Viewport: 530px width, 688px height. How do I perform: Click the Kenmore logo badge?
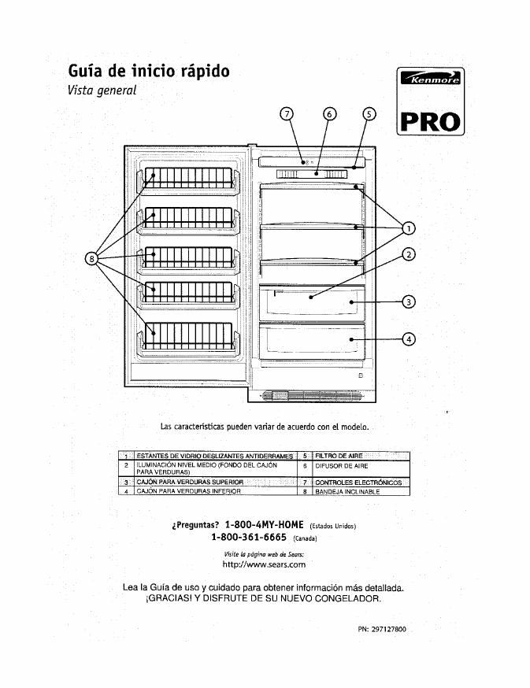[432, 79]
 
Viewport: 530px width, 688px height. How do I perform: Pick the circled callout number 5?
[369, 113]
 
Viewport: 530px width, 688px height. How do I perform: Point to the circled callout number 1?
[408, 228]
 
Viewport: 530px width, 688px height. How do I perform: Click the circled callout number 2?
[408, 253]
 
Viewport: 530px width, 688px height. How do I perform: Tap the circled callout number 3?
[408, 301]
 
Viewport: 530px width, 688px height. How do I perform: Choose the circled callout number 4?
[408, 339]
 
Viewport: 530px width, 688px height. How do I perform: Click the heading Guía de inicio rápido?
[149, 71]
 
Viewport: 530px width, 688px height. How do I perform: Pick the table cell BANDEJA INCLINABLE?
[347, 491]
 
